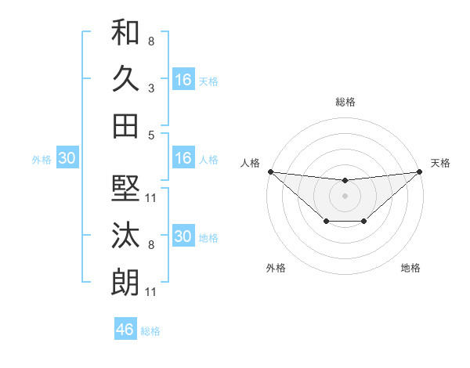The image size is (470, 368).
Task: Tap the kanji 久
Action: pos(125,78)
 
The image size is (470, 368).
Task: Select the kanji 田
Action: pos(125,125)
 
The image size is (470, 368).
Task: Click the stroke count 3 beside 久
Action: pos(151,88)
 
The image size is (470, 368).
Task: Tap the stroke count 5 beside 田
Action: pos(151,135)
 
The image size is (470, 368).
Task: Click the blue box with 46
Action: pos(125,329)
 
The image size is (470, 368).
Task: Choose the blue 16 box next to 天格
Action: pos(183,79)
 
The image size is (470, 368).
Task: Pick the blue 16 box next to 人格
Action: pos(183,158)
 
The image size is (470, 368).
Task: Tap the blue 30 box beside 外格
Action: pos(67,158)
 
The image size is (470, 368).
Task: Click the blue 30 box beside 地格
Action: pos(183,236)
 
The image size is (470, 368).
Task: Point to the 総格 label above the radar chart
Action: pos(345,102)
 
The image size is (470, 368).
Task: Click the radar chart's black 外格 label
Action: pos(276,268)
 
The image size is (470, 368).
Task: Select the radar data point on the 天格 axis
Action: pos(420,171)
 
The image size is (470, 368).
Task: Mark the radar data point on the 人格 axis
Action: pos(270,171)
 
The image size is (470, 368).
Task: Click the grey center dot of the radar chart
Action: pos(345,195)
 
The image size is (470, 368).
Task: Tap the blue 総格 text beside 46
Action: pos(150,330)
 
